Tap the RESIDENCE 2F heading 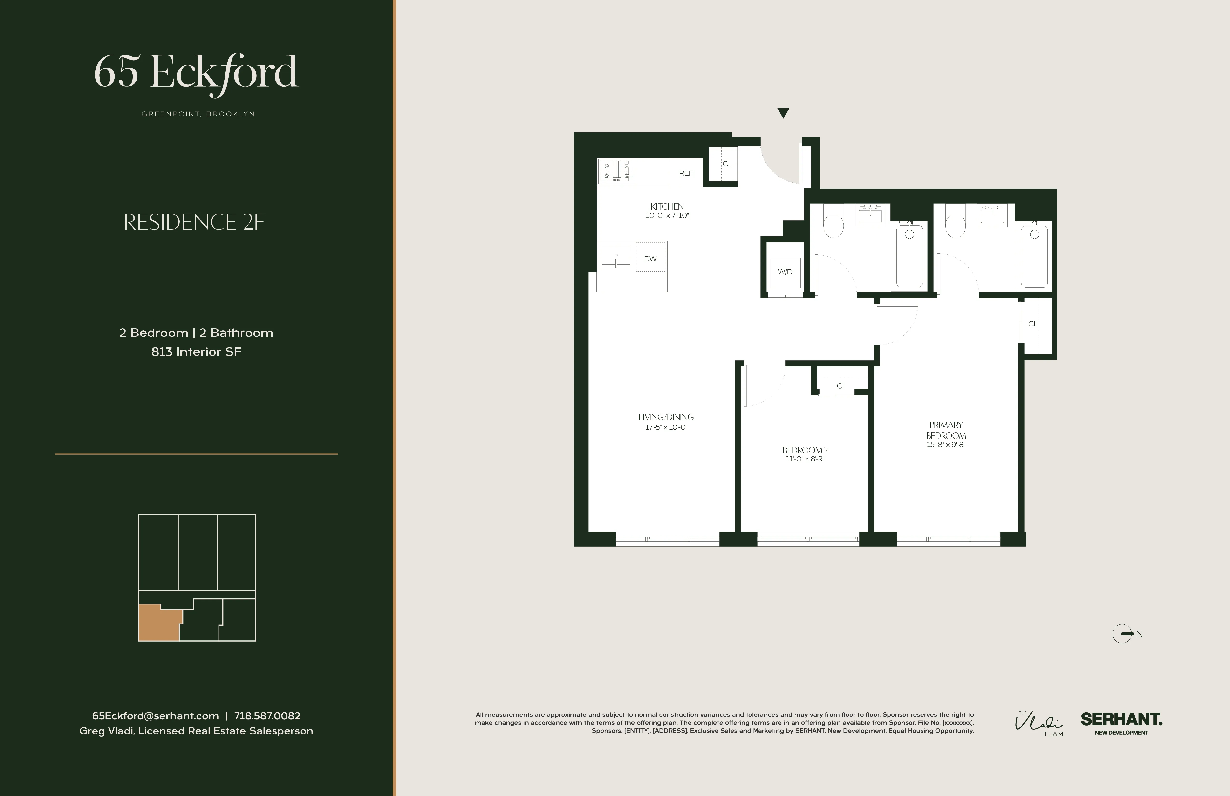[194, 222]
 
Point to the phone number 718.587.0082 [267, 716]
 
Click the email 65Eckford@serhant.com [155, 716]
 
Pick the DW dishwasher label [650, 258]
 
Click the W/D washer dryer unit [785, 272]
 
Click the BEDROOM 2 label [805, 450]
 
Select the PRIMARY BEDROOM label [946, 430]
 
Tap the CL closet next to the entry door [727, 164]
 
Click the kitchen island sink [616, 256]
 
